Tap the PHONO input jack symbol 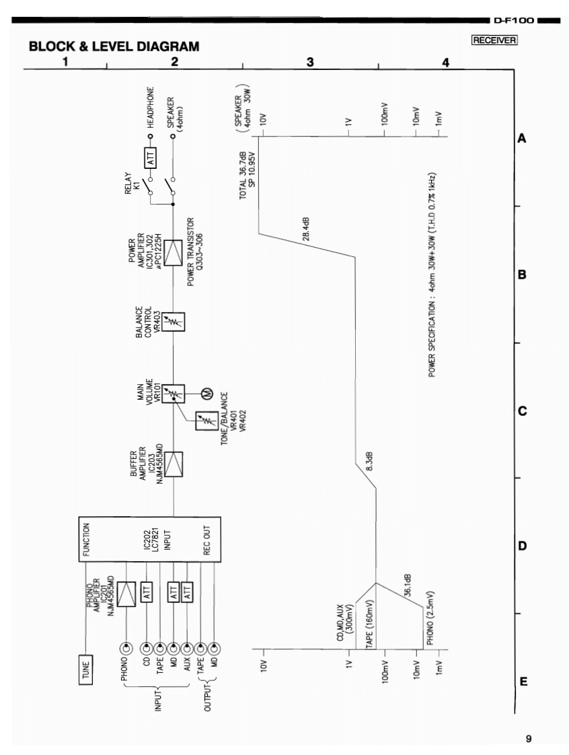126,649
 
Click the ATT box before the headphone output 151,159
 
